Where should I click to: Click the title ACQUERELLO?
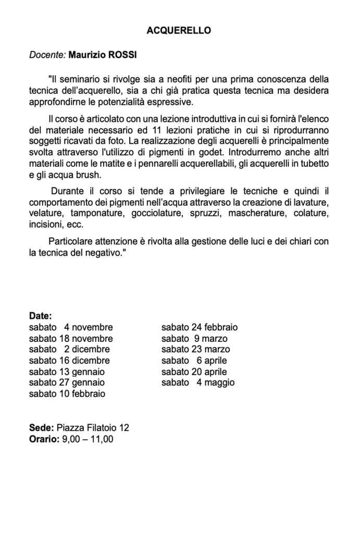(x=179, y=31)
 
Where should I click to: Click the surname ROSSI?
(x=124, y=55)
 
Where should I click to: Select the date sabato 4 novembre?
(x=71, y=328)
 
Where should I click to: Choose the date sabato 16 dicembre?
(x=69, y=361)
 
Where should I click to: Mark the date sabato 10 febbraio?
(x=67, y=394)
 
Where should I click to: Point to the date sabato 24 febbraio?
(x=200, y=328)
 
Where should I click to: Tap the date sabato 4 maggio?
(x=198, y=383)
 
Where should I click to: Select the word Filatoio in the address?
(x=100, y=428)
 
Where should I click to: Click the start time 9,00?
(x=71, y=439)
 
